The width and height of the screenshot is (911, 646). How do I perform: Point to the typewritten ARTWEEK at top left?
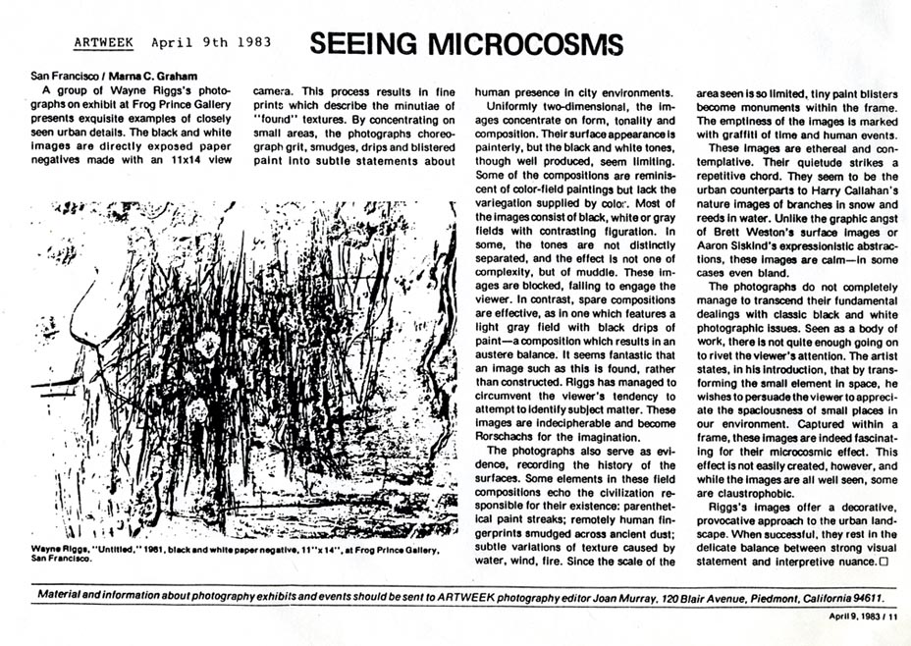coord(106,43)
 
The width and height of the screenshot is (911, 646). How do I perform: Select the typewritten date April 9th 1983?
coord(211,43)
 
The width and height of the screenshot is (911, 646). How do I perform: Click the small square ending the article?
coord(883,563)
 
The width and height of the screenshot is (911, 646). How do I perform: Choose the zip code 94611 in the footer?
coord(860,596)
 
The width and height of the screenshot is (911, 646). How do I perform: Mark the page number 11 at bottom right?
coord(892,618)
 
